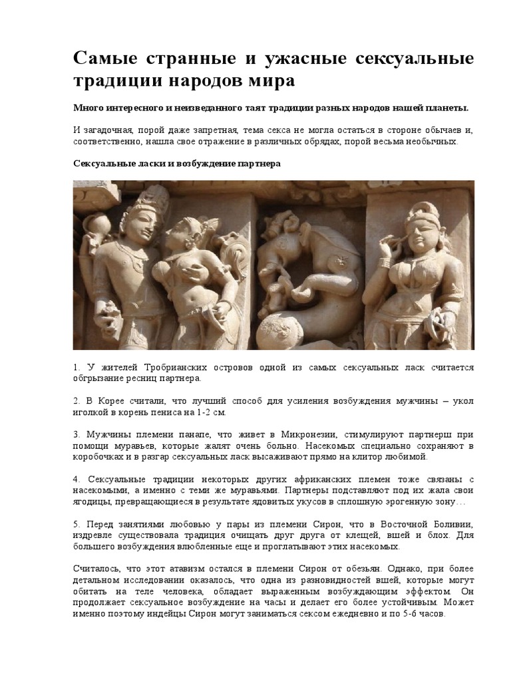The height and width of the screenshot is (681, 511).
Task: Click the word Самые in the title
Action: pos(105,59)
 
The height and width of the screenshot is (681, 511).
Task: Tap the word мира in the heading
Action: pos(270,82)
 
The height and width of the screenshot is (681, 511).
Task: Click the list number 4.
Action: pos(76,479)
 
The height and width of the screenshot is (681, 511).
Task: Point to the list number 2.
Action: pos(76,401)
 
